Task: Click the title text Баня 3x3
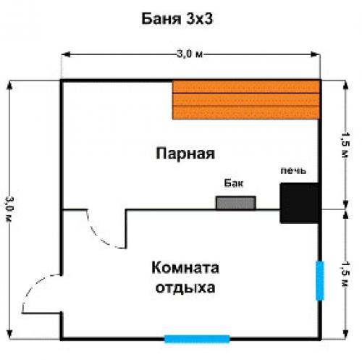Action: point(180,16)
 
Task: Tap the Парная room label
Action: point(185,153)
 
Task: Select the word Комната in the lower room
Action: point(185,268)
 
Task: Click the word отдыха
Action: point(185,287)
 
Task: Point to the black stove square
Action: point(300,203)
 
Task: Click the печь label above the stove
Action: point(293,171)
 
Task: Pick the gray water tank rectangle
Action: point(235,202)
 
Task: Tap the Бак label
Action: point(231,185)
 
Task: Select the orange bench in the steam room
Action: point(246,100)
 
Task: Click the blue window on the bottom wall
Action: point(197,338)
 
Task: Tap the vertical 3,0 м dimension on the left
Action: point(9,210)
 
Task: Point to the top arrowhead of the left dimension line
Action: point(9,83)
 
